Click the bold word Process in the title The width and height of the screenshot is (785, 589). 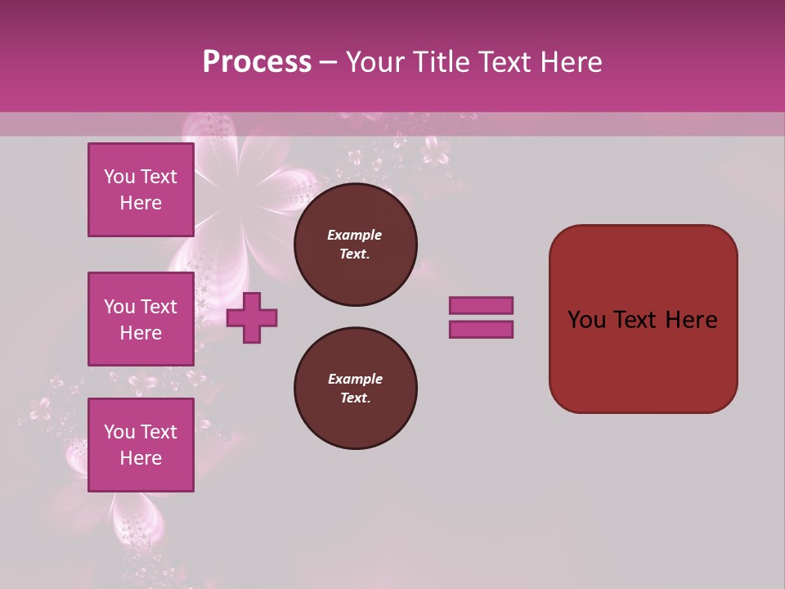coord(257,61)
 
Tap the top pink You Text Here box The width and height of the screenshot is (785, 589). coord(141,190)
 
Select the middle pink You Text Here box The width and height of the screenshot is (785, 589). coord(141,319)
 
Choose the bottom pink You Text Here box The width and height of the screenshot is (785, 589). coord(141,445)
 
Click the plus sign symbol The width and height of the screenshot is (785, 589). coord(252,318)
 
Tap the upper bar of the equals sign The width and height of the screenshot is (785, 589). coord(481,306)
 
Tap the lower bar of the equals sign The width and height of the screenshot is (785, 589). coord(481,330)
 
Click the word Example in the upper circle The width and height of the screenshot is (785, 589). coord(354,235)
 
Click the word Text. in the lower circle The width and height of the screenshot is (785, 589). coord(355,398)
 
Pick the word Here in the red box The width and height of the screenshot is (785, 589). coord(691,320)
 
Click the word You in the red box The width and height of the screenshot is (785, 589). coord(585,320)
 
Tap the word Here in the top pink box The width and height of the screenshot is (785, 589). coord(141,203)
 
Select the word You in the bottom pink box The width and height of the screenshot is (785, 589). coord(119,431)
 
